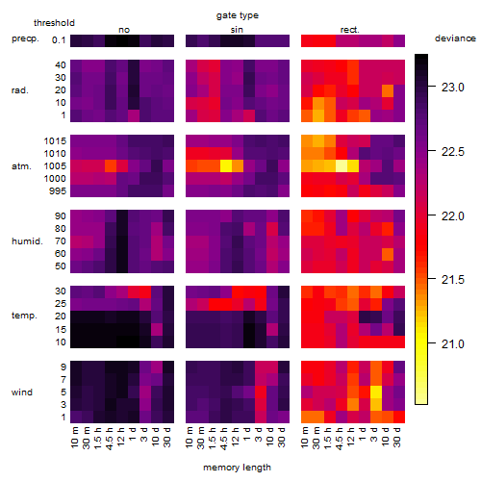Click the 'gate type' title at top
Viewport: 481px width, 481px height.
pos(238,15)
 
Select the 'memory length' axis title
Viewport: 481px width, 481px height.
pos(237,468)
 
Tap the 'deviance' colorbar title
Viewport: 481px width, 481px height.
pos(455,38)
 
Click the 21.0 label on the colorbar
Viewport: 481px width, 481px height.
pos(452,344)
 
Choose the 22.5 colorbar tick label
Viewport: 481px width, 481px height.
pos(452,152)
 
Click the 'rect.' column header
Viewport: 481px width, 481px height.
pos(350,30)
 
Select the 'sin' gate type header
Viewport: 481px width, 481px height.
pos(237,30)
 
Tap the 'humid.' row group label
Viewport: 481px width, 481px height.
pos(27,241)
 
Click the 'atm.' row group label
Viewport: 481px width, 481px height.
pos(21,166)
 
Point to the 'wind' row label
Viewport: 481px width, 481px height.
pos(22,392)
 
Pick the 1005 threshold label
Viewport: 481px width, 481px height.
pos(55,166)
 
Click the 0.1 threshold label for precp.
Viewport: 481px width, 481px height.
pos(59,40)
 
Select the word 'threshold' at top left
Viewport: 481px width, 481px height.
pos(54,23)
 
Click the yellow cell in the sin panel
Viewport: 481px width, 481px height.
pos(226,165)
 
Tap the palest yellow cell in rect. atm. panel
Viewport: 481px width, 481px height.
pos(342,165)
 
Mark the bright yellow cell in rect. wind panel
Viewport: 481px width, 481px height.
pos(376,392)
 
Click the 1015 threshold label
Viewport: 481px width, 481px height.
pos(55,141)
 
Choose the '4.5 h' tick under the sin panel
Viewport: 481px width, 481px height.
pos(224,438)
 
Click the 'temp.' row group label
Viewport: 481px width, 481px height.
pos(24,316)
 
